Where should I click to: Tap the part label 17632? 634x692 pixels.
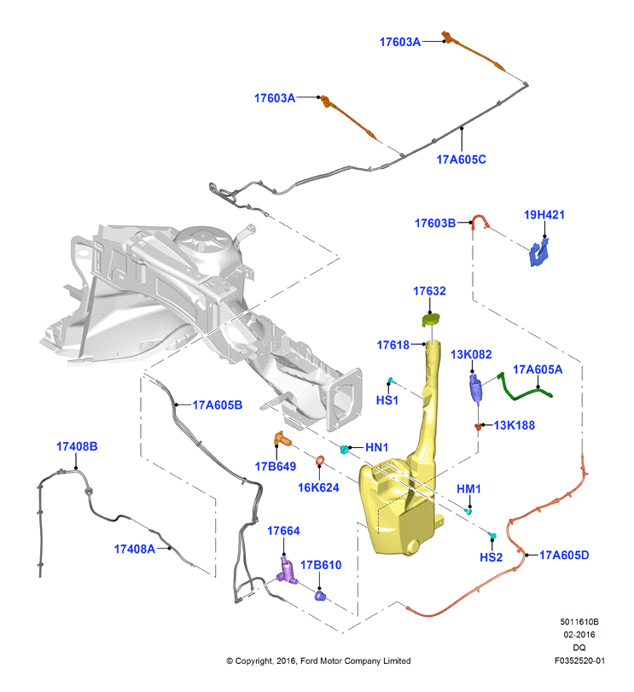point(429,291)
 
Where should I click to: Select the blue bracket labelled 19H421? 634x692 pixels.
point(539,253)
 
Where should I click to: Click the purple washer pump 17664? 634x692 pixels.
point(287,571)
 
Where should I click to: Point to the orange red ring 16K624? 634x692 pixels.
point(321,461)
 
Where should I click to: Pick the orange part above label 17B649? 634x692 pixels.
point(283,439)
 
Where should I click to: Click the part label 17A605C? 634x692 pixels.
point(461,160)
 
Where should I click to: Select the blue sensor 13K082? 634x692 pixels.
point(475,387)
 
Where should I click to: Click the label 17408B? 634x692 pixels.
point(77,446)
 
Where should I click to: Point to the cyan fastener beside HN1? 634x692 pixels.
point(344,450)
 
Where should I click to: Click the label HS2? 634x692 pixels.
point(491,557)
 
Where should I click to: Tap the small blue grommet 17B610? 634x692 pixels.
point(320,596)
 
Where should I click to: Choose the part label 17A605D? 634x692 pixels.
point(564,555)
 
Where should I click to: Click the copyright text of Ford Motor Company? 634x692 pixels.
point(318,660)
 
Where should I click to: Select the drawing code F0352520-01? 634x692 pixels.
point(579,660)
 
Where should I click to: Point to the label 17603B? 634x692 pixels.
point(435,224)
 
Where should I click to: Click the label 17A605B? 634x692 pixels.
point(218,405)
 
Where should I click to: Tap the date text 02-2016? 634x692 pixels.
point(579,635)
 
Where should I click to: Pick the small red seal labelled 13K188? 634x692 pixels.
point(478,427)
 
